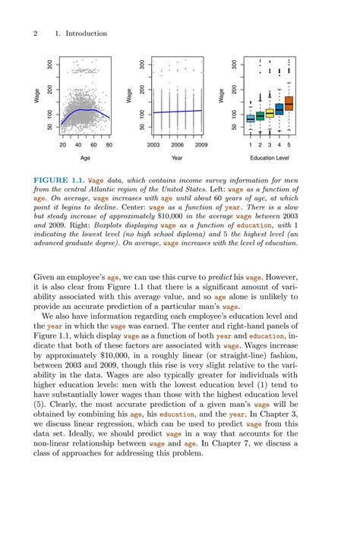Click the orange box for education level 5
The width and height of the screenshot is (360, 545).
(289, 104)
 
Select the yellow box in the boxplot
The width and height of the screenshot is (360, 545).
(270, 113)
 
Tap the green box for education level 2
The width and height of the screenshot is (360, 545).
(260, 116)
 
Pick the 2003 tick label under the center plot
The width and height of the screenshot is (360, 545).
(153, 143)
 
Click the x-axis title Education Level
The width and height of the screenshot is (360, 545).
(270, 159)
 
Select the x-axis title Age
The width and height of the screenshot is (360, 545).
(85, 159)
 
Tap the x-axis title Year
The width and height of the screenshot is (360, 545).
(177, 159)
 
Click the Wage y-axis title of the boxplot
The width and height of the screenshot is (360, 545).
(221, 96)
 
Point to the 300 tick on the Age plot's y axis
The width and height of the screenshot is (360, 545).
(50, 65)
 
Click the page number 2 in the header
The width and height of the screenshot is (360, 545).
(36, 34)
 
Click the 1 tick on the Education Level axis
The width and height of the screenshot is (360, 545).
(251, 143)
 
